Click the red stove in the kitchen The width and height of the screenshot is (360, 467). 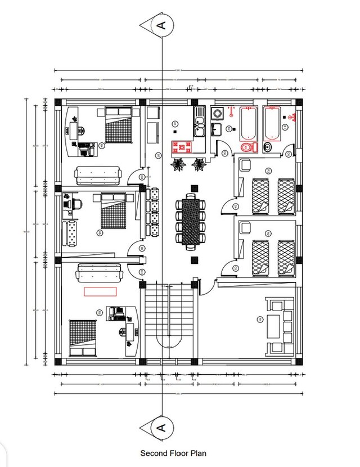tap(182, 147)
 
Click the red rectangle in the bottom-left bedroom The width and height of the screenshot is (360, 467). tap(100, 291)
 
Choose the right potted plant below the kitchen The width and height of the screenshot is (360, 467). tap(199, 164)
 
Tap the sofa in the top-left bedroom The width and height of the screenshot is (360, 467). tap(98, 176)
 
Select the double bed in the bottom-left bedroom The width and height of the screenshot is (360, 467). tap(83, 338)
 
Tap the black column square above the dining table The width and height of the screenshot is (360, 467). tap(194, 187)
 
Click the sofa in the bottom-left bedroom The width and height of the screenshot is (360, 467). tap(100, 273)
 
